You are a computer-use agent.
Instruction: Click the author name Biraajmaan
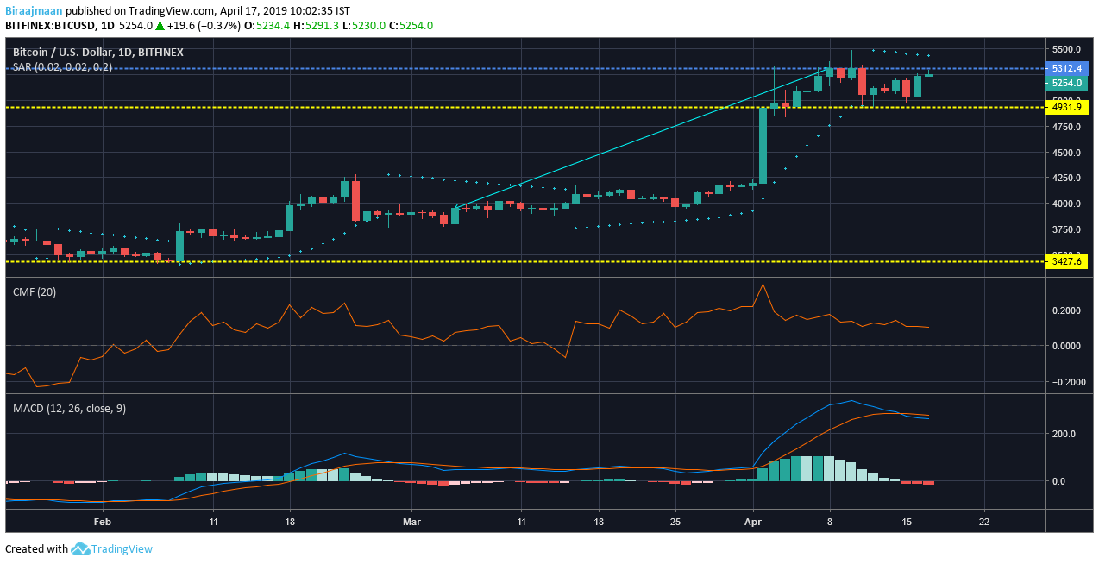coord(34,10)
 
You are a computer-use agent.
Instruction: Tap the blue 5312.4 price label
coord(1065,68)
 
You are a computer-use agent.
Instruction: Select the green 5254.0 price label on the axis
coord(1065,83)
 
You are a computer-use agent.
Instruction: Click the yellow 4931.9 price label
coord(1065,107)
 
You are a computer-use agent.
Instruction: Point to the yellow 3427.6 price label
coord(1065,261)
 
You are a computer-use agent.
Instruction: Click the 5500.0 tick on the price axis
coord(1067,49)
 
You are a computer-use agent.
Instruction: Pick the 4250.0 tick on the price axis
coord(1067,178)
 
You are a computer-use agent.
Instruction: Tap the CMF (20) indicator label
coord(35,292)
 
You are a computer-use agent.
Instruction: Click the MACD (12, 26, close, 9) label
coord(69,408)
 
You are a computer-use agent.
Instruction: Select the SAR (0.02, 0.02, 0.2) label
coord(62,66)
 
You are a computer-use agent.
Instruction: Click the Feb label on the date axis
coord(103,522)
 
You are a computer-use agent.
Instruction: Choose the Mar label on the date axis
coord(411,522)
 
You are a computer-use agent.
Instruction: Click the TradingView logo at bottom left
coord(111,549)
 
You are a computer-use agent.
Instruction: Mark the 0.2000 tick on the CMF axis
coord(1069,310)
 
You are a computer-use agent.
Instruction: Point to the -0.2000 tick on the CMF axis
coord(1067,382)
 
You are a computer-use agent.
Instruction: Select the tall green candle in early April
coord(763,144)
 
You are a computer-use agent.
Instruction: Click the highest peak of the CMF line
coord(763,284)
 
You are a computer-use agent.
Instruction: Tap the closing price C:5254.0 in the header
coord(411,26)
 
